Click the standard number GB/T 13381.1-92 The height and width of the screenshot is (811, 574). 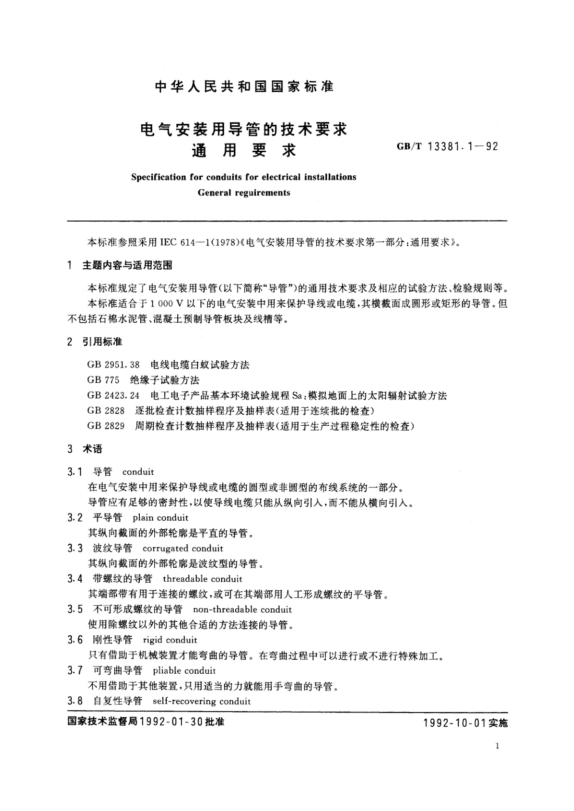(x=447, y=146)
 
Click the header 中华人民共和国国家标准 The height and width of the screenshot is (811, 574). (x=244, y=87)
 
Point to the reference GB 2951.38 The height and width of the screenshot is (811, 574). (x=113, y=365)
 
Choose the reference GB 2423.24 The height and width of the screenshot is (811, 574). (x=113, y=395)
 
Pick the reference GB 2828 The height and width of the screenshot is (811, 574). (x=106, y=411)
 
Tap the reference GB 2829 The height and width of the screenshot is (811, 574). (x=106, y=426)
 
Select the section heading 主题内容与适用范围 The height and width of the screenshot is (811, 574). (x=127, y=265)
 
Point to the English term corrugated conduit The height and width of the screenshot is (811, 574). (x=183, y=548)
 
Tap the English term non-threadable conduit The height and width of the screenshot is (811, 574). (x=242, y=609)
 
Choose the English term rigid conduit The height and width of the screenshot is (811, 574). (x=170, y=640)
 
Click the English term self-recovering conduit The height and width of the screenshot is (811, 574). (x=201, y=701)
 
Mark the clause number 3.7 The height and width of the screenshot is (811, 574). (x=75, y=670)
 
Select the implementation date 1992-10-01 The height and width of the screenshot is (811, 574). (x=455, y=723)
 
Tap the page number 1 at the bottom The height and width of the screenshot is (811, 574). (x=497, y=746)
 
